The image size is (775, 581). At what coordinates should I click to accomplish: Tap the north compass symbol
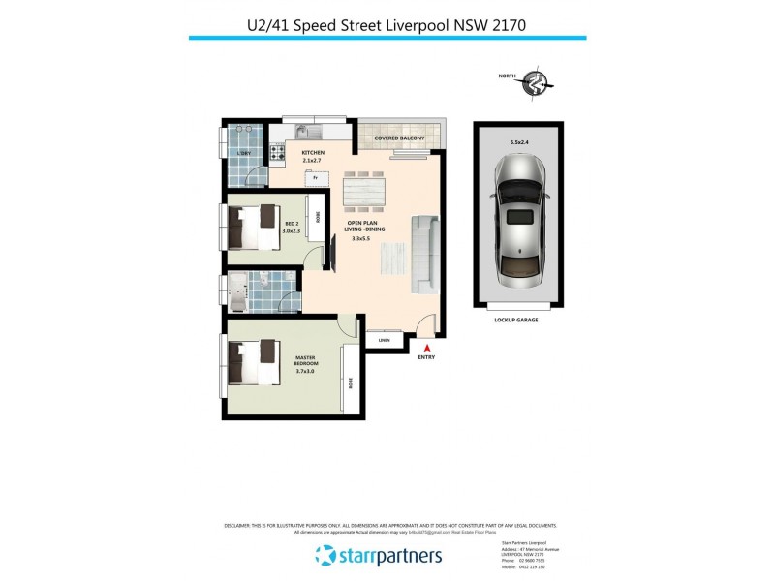(533, 85)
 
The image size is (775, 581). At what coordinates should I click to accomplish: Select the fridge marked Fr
(313, 177)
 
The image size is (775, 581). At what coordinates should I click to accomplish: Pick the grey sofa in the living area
(424, 254)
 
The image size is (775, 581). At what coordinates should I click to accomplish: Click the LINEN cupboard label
(384, 339)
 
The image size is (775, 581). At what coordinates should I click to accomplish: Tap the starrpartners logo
(379, 555)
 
